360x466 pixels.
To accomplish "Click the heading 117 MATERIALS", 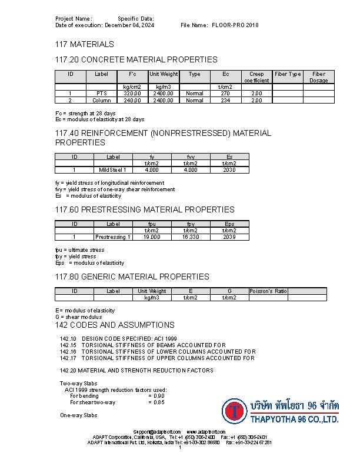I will click(x=85, y=44).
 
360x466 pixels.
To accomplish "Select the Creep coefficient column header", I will click(x=256, y=77).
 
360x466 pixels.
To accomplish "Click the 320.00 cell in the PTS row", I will click(x=132, y=93).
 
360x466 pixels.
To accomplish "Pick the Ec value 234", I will click(x=225, y=100).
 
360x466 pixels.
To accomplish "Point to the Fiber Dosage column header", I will click(x=318, y=77).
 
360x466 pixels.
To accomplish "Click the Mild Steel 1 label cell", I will click(x=113, y=170).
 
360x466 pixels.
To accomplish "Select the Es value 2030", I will click(x=229, y=170).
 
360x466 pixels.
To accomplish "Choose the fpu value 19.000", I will click(x=152, y=237).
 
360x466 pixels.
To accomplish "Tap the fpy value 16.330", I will click(x=191, y=237).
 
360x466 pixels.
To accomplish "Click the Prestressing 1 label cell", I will click(x=113, y=237).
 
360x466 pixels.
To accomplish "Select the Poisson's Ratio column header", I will click(x=268, y=291).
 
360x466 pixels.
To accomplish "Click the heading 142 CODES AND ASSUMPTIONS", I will click(x=115, y=325).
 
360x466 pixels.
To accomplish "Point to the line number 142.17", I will click(x=68, y=358).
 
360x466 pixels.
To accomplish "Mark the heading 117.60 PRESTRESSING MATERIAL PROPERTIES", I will click(x=145, y=209).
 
